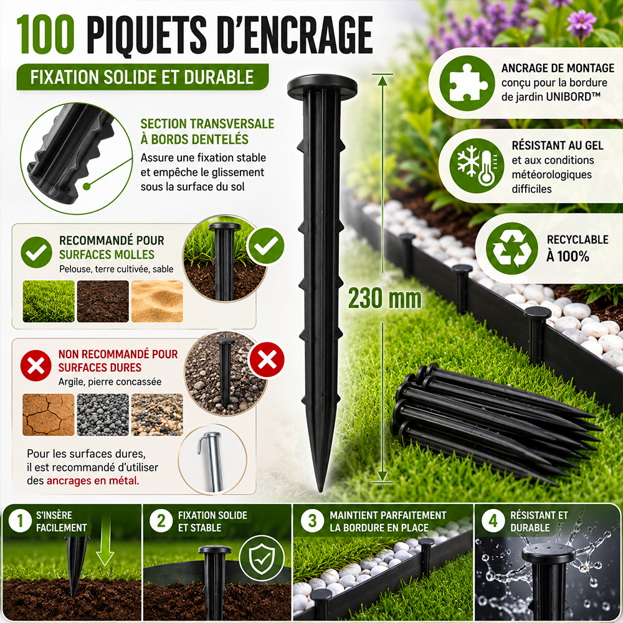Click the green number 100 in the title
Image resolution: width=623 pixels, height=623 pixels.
[x=45, y=34]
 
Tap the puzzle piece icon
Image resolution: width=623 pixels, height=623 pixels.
[x=467, y=83]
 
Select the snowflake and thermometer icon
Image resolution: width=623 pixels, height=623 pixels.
[x=477, y=166]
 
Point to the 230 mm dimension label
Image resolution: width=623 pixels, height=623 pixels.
[x=384, y=298]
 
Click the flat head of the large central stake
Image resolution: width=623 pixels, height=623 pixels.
[x=322, y=85]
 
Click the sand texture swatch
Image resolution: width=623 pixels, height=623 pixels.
[x=157, y=301]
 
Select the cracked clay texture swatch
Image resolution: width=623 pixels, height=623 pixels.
[x=49, y=414]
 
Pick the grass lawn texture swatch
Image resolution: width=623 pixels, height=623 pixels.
[x=49, y=301]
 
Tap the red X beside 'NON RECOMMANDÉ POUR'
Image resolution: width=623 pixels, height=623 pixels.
[x=36, y=366]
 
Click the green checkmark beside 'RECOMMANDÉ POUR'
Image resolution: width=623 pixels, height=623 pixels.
[x=36, y=252]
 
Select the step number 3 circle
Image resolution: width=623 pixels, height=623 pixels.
[x=313, y=520]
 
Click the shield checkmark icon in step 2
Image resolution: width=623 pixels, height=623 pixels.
[x=262, y=558]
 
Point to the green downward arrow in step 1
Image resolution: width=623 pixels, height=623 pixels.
[x=105, y=541]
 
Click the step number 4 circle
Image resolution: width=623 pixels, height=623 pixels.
[x=493, y=520]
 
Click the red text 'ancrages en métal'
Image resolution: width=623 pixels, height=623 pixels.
[x=93, y=481]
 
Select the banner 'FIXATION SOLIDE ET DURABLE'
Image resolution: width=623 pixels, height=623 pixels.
[x=142, y=77]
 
